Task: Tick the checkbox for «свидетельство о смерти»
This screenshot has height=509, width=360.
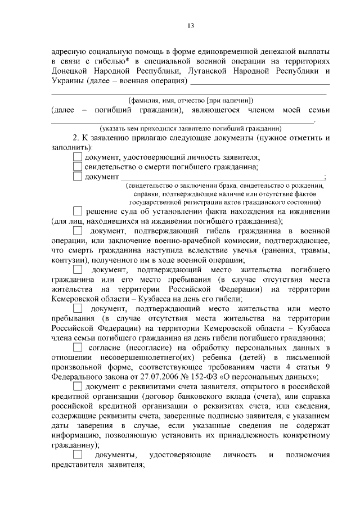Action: (x=78, y=167)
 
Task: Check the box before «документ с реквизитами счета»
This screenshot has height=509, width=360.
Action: (x=78, y=386)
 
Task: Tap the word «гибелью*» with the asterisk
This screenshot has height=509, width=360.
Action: (x=120, y=61)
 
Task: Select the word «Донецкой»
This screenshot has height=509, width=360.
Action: (x=70, y=71)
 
